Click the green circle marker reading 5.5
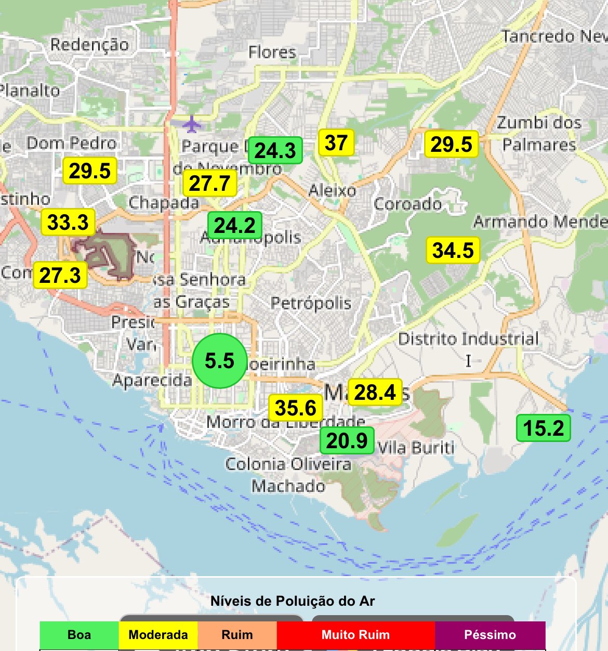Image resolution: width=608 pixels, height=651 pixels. click(x=219, y=360)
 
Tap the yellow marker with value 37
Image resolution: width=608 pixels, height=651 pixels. click(x=336, y=142)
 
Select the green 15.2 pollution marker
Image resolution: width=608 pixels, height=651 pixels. click(x=544, y=428)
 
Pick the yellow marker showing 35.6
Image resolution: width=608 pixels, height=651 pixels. click(x=296, y=408)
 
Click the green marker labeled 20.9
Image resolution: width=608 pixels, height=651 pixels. click(x=347, y=440)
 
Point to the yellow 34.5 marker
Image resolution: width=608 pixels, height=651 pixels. click(x=453, y=250)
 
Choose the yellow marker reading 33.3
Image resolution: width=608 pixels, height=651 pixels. click(x=68, y=223)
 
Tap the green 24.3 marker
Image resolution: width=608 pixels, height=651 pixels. click(x=275, y=151)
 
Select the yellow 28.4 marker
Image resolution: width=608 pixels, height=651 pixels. click(x=375, y=392)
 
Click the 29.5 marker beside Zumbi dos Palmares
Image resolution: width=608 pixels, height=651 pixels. click(x=452, y=144)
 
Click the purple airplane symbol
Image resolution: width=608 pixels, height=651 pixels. click(x=192, y=124)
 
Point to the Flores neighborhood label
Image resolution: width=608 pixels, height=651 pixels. click(x=272, y=53)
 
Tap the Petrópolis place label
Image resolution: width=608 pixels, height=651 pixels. click(x=311, y=303)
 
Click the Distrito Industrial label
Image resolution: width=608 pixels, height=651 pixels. click(x=469, y=339)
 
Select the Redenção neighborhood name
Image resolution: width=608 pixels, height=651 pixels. click(x=89, y=45)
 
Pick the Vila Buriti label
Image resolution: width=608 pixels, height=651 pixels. click(x=416, y=448)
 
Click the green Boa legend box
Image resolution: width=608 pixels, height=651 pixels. click(x=79, y=635)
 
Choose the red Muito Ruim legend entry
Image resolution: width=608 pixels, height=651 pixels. click(x=355, y=635)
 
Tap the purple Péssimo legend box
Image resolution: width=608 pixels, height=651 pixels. click(x=490, y=635)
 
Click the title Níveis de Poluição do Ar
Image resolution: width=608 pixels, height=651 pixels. click(x=293, y=601)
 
